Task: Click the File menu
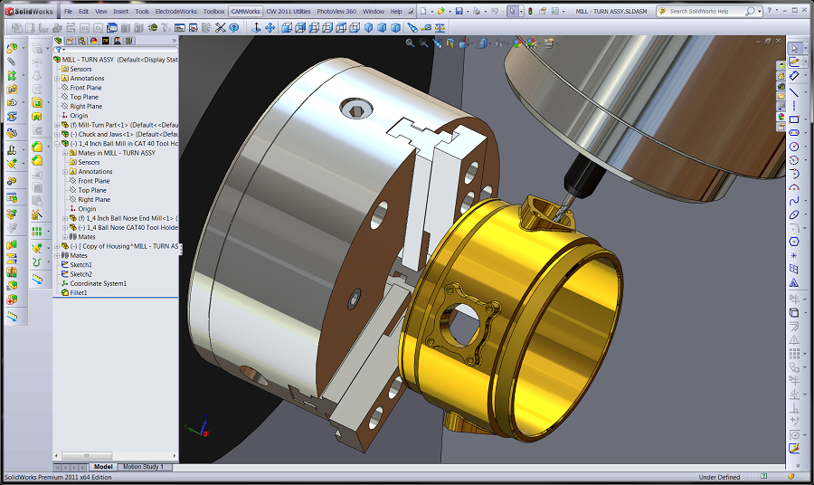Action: click(68, 11)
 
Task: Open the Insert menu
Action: click(121, 11)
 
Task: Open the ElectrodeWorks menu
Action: click(176, 11)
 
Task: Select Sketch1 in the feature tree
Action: click(80, 265)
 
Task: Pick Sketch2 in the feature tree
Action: click(80, 274)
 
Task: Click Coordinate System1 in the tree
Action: click(98, 283)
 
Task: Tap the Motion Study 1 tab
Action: click(143, 467)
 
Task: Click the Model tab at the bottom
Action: click(103, 467)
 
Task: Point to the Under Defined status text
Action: click(719, 478)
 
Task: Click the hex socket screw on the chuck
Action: click(354, 109)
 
